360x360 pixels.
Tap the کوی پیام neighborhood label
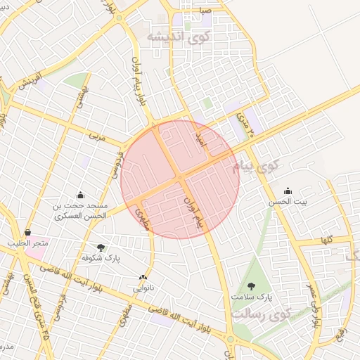(255, 167)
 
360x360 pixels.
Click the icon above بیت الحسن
(288, 191)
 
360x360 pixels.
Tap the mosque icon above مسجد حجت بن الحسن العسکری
(81, 195)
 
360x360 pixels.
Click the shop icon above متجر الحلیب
(27, 233)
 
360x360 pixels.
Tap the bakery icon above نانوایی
(143, 278)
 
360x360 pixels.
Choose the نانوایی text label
(143, 288)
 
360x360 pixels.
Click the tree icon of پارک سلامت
(252, 285)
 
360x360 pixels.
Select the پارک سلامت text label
(251, 297)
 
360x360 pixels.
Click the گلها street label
(326, 240)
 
